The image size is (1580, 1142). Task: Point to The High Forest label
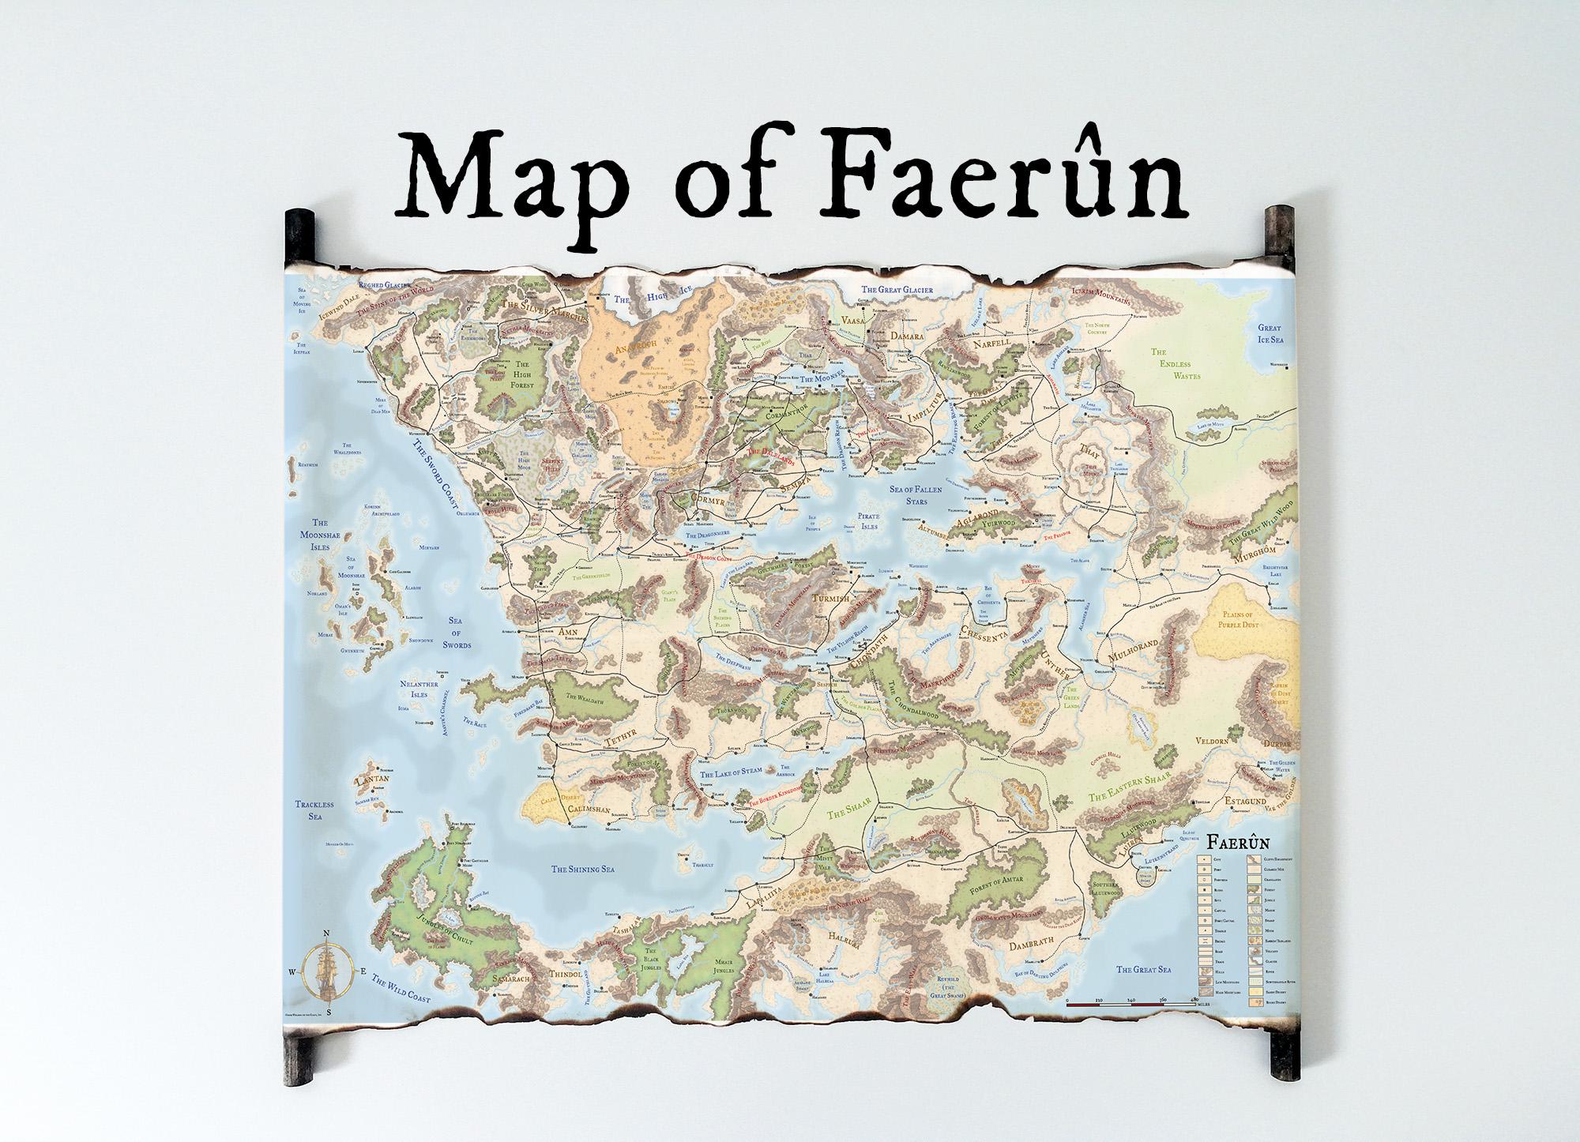(521, 372)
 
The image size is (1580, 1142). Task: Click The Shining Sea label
(582, 869)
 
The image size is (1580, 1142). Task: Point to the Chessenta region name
(993, 631)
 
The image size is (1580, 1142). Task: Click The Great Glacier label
(897, 290)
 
